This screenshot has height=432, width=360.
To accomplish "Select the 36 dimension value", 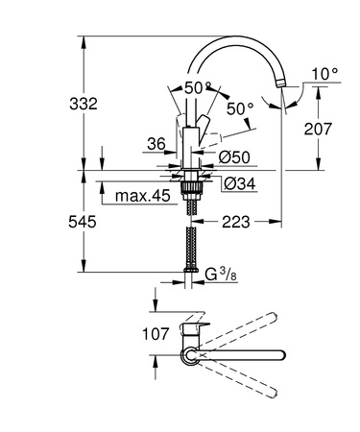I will click(x=156, y=145).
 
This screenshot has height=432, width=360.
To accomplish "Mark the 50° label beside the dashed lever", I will click(x=239, y=108).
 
